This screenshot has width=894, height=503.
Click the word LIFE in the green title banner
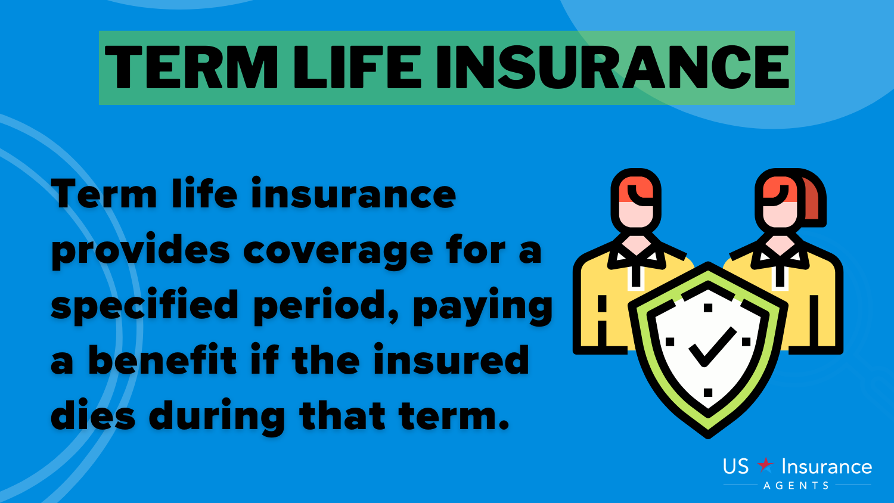coord(358,67)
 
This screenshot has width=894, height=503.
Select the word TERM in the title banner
coord(191,67)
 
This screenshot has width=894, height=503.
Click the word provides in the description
coord(141,251)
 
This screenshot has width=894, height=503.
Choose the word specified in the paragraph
coord(144,306)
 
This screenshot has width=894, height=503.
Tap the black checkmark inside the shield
coord(712,346)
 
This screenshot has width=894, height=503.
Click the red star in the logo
coord(765,465)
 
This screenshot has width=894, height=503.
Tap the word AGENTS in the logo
coord(796,486)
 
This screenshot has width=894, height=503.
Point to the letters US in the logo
coord(736,466)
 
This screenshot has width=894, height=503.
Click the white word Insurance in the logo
coord(827,466)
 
